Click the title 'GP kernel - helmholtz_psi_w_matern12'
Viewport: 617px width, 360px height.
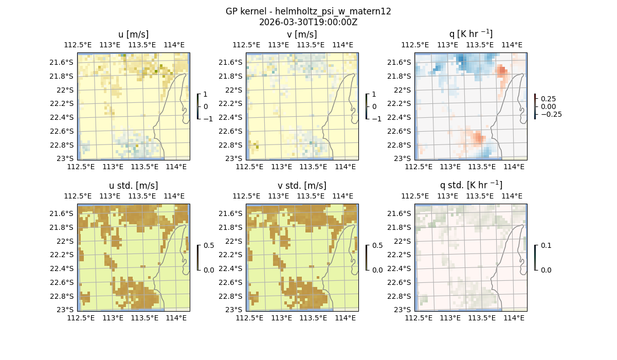308,11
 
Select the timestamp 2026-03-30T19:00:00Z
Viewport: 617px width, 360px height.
308,22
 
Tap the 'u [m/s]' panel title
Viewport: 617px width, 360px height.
133,34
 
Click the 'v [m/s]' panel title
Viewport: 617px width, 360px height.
302,34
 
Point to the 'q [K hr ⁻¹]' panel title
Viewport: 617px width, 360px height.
470,34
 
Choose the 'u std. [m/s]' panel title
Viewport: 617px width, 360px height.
133,186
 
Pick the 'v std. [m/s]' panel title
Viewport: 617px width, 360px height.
302,186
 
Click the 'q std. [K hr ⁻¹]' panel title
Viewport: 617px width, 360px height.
470,185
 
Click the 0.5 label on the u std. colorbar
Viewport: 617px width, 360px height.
209,245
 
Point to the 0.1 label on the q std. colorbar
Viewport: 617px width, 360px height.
546,245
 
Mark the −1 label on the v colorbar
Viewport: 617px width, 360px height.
377,118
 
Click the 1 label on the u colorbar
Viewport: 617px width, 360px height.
206,95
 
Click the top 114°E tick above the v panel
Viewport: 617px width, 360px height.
343,45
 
